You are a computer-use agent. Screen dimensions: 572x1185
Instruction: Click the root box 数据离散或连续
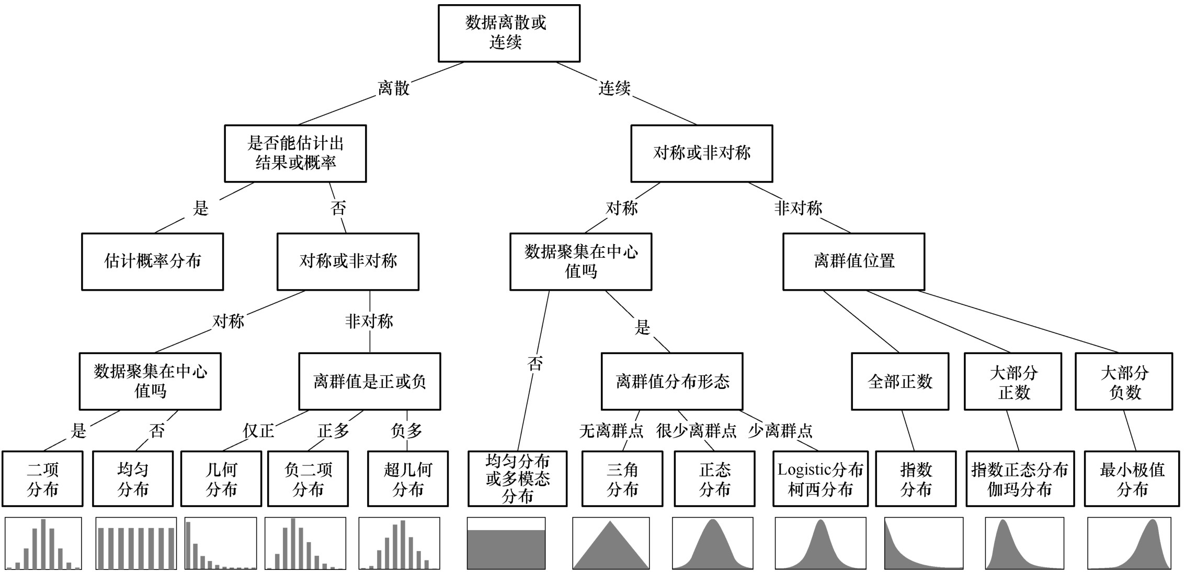point(508,33)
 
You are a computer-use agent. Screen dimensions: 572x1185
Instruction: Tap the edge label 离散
point(393,88)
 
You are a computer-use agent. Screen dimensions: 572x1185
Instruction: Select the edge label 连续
point(614,88)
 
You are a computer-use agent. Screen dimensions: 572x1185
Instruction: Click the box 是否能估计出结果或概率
point(295,153)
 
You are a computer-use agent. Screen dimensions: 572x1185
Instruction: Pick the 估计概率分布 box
point(152,261)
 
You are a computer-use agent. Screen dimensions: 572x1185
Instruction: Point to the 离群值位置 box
point(853,261)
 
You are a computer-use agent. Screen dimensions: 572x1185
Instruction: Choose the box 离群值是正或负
point(369,381)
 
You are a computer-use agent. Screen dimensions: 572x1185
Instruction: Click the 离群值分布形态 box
point(671,381)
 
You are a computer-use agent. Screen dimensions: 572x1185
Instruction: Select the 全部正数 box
point(899,381)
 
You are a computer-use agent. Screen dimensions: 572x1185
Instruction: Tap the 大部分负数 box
point(1123,381)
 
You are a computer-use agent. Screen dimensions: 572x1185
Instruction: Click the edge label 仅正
point(258,431)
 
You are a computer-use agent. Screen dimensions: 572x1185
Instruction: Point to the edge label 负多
point(406,431)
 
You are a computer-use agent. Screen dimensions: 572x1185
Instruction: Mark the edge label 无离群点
point(611,431)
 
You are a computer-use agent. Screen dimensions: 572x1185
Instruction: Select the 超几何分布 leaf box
point(407,479)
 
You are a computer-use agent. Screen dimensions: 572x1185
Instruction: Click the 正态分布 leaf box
point(714,479)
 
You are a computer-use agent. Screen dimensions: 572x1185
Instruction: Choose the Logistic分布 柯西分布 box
point(820,479)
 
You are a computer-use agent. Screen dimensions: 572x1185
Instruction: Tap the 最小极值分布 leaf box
point(1132,479)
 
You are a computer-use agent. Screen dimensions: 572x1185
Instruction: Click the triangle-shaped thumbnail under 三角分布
point(611,544)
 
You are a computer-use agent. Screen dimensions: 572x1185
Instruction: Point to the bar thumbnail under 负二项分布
point(305,544)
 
